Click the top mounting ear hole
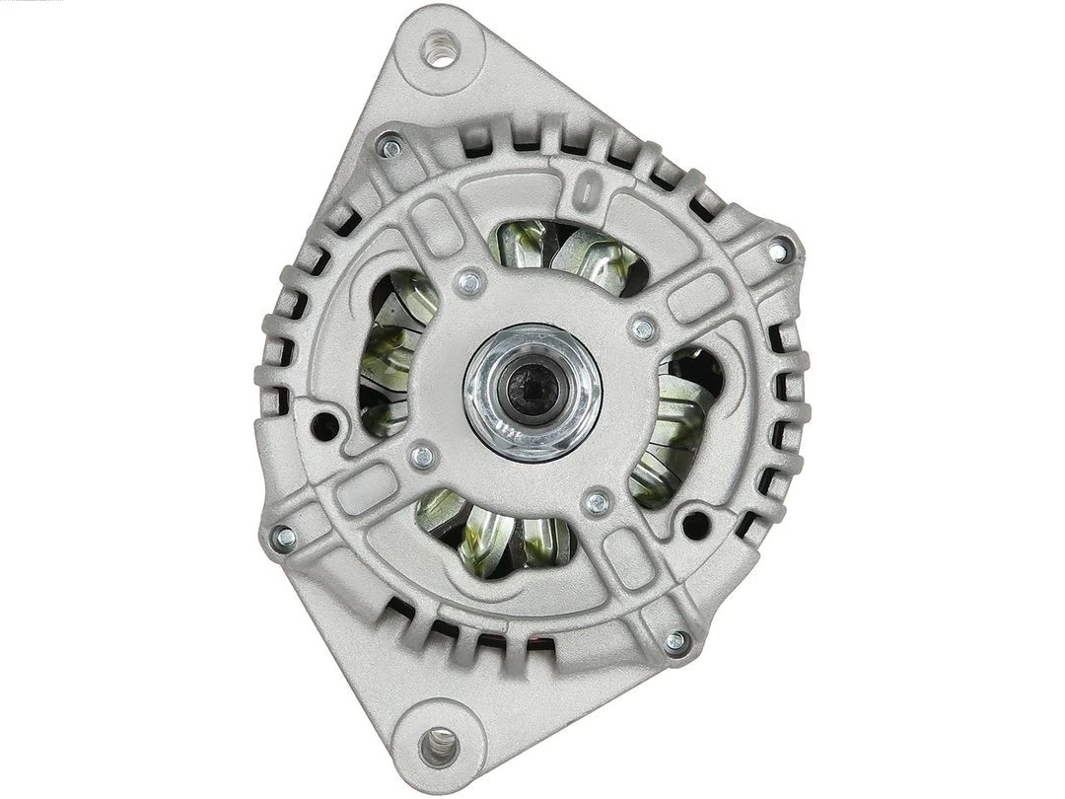coord(440,49)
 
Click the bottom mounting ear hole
coord(439,747)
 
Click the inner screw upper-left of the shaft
coord(471,284)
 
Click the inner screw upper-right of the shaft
coord(643,327)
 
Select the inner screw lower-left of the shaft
coord(423,456)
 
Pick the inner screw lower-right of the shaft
coord(597,503)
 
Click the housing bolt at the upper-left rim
coord(390,148)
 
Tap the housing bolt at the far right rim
coord(780,250)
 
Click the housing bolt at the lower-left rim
coord(285,538)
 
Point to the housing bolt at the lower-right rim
coord(675,641)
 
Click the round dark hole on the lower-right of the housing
coord(696,523)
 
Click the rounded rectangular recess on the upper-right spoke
coord(696,295)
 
